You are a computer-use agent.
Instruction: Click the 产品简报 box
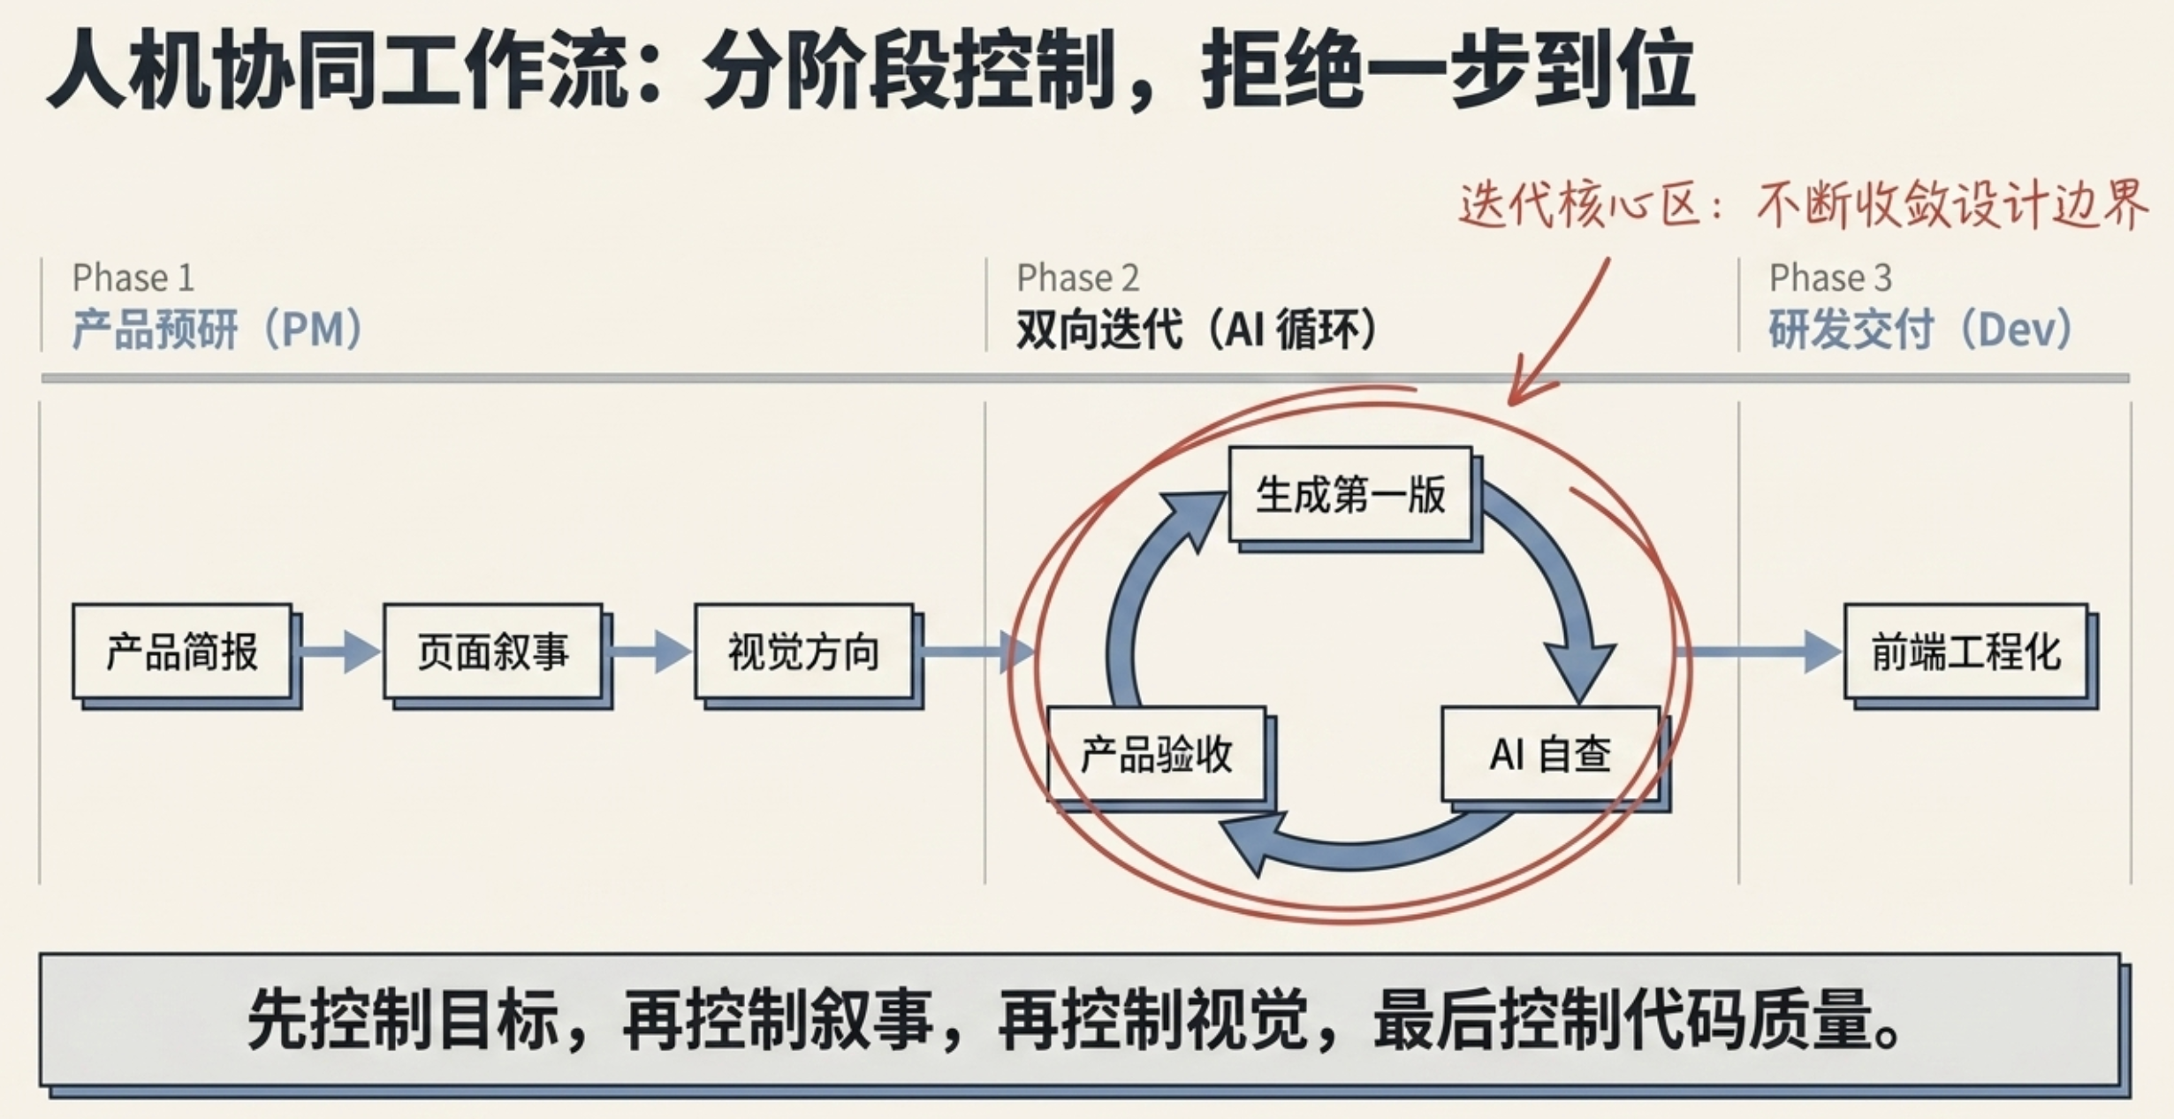183,652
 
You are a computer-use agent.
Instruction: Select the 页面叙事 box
493,652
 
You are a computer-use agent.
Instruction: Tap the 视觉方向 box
804,652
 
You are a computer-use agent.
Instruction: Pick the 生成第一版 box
1351,495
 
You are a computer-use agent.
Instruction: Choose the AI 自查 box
1551,755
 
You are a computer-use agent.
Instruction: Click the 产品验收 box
1157,755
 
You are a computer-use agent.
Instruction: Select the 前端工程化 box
1966,652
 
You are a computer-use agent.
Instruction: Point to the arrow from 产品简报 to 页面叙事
339,652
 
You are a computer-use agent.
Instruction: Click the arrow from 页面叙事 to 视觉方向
650,652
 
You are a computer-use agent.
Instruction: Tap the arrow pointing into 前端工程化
1759,652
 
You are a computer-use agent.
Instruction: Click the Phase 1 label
133,278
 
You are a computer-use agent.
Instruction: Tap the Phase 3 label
1830,278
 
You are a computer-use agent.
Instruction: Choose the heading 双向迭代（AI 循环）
1197,330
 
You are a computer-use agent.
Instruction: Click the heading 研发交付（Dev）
1920,330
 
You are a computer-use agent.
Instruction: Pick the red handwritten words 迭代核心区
1579,205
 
